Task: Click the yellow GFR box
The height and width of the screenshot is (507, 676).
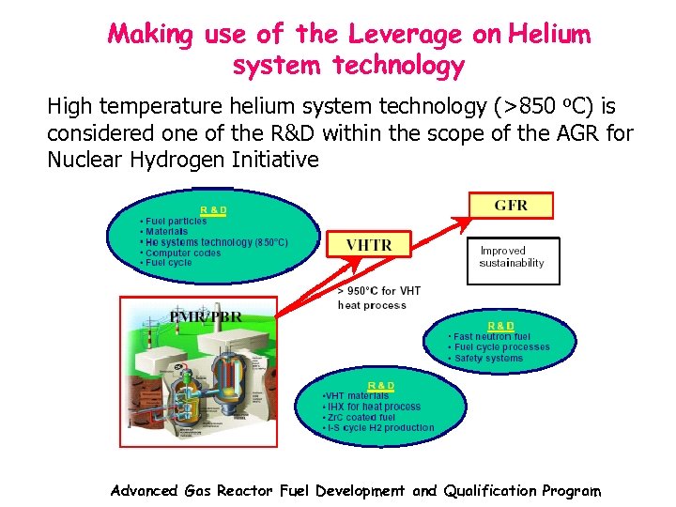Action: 511,205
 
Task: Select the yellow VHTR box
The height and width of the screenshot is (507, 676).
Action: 369,244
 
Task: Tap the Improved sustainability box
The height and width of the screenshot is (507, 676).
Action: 513,257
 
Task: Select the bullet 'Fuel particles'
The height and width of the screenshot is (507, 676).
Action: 176,222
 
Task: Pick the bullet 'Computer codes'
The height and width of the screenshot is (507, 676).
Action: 181,253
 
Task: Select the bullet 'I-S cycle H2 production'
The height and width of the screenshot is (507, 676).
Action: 379,428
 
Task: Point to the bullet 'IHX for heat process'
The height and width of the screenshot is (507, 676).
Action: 373,407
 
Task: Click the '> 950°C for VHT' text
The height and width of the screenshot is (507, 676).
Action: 378,291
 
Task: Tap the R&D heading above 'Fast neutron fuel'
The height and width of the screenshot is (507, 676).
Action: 501,326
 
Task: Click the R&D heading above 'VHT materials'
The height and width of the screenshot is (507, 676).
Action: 380,386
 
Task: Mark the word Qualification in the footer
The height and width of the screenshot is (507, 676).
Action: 487,490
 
